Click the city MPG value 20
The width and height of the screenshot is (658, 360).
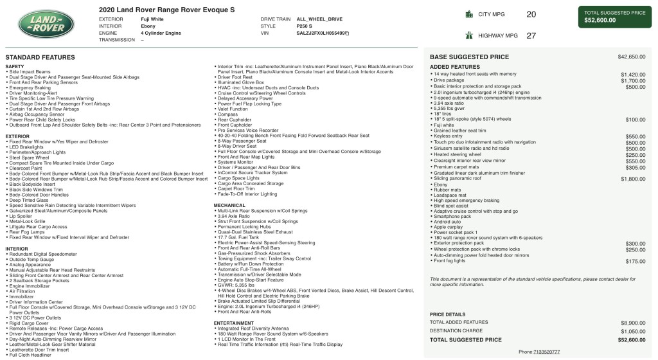point(531,14)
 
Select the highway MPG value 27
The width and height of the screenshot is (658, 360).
point(531,36)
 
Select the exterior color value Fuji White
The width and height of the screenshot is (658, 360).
point(152,19)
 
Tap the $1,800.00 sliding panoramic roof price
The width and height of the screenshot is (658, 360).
point(633,178)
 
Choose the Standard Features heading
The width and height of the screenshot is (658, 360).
point(40,57)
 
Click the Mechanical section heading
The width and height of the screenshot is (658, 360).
point(230,205)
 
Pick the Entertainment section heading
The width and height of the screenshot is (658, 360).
point(234,323)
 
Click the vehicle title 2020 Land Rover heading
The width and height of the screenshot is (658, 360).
point(167,10)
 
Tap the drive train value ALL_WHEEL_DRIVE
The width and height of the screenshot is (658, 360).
point(319,19)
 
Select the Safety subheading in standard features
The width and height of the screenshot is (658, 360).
point(15,66)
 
